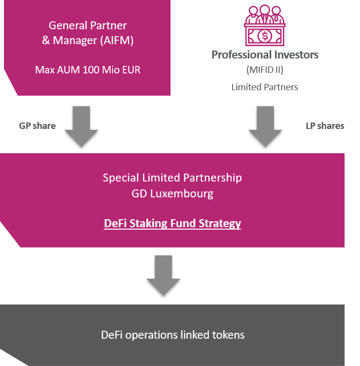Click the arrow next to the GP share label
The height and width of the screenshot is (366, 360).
81,126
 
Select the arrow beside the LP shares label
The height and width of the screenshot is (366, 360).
265,126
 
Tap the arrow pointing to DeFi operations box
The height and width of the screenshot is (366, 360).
163,275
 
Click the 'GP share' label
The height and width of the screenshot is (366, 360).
37,126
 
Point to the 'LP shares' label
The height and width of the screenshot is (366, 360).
325,126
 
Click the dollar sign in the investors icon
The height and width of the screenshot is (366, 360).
265,36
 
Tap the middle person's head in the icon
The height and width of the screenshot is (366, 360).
265,10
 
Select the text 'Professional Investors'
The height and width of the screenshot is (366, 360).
265,55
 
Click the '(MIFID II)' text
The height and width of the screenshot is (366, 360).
265,70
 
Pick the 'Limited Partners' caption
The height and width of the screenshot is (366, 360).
265,87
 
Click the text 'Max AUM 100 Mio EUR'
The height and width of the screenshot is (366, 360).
88,70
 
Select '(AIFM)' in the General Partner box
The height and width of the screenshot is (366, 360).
117,40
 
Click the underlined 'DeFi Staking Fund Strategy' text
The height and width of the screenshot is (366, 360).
173,223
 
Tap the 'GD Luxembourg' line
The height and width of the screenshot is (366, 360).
173,194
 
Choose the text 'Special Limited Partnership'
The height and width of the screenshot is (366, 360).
173,178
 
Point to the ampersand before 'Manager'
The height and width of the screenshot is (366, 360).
46,40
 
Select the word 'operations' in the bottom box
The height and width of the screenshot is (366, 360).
151,335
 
